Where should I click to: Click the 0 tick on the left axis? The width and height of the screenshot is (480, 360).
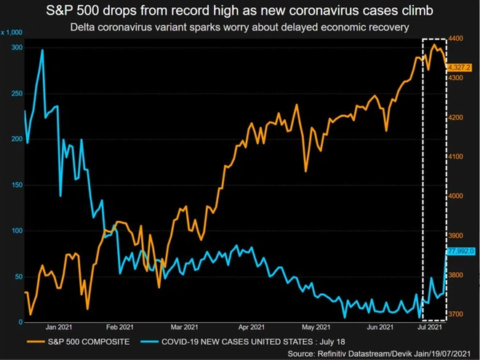coord(19,322)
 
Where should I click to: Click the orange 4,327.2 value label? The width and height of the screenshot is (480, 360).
coord(460,68)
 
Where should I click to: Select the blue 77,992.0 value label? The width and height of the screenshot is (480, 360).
coord(460,251)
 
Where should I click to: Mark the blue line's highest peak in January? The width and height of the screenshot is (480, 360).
coord(42,51)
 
